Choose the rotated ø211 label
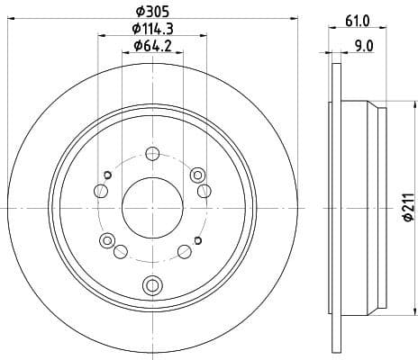(407, 206)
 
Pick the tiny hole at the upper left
(107, 175)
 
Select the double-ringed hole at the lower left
(108, 239)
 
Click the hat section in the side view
(365, 206)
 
